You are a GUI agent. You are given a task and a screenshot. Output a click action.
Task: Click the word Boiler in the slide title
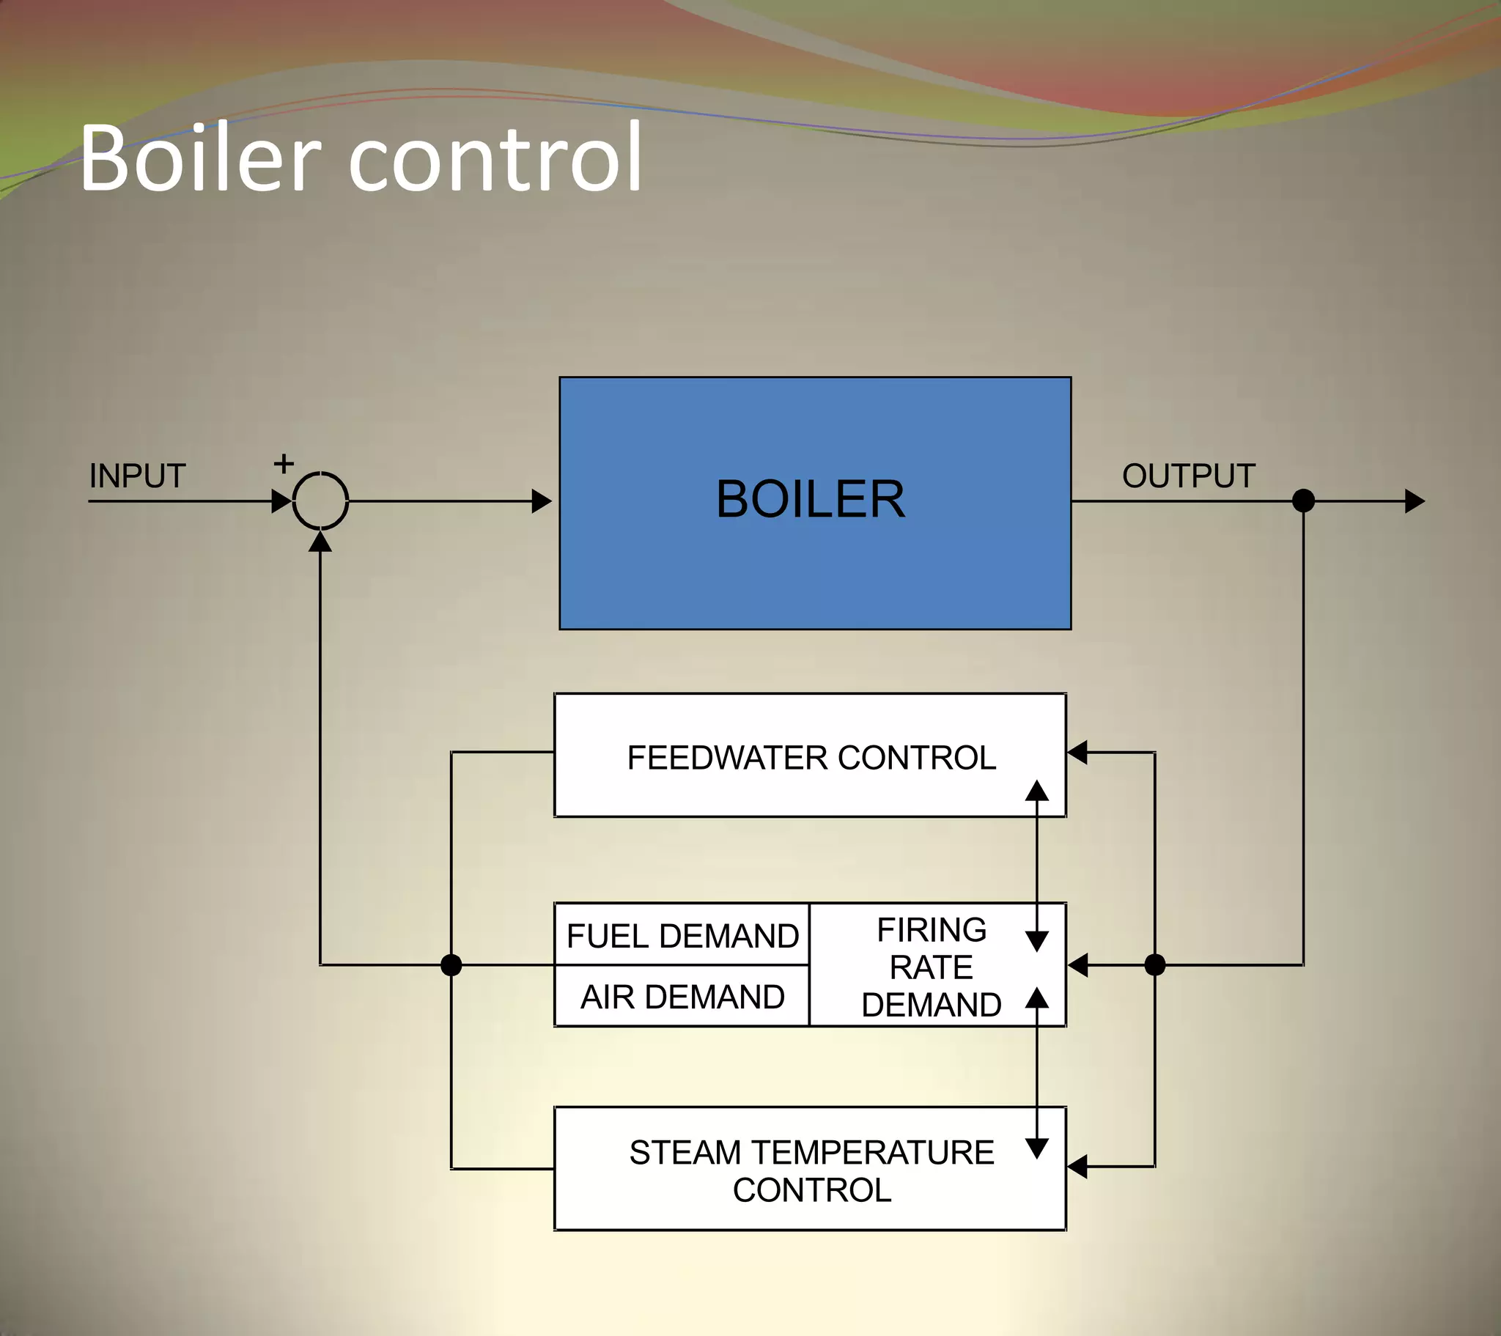(x=200, y=158)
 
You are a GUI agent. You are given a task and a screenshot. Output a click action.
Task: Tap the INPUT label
(x=137, y=476)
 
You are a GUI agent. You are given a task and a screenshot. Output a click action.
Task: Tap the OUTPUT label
(x=1189, y=476)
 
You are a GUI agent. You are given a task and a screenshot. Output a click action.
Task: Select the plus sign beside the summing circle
(x=284, y=463)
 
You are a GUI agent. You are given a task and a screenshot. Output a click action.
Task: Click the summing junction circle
(x=320, y=501)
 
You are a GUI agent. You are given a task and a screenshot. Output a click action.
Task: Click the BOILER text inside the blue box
(x=811, y=499)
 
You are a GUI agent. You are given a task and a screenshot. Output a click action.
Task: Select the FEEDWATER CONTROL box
(x=811, y=756)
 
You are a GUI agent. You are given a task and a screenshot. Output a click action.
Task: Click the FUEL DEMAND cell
(x=682, y=935)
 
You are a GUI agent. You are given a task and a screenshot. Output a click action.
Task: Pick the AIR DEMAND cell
(x=682, y=997)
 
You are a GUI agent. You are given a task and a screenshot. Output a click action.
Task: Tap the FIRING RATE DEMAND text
(x=931, y=967)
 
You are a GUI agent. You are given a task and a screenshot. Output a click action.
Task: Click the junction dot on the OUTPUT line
(x=1303, y=501)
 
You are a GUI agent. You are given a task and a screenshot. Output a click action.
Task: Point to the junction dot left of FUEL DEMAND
(x=451, y=964)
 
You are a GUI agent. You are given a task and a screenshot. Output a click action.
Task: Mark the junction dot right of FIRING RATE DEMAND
(x=1155, y=964)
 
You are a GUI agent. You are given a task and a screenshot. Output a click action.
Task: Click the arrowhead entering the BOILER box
(x=542, y=501)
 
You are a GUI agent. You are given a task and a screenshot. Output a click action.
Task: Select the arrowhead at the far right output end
(x=1415, y=501)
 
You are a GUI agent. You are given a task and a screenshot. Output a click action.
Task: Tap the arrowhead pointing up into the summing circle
(x=320, y=542)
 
